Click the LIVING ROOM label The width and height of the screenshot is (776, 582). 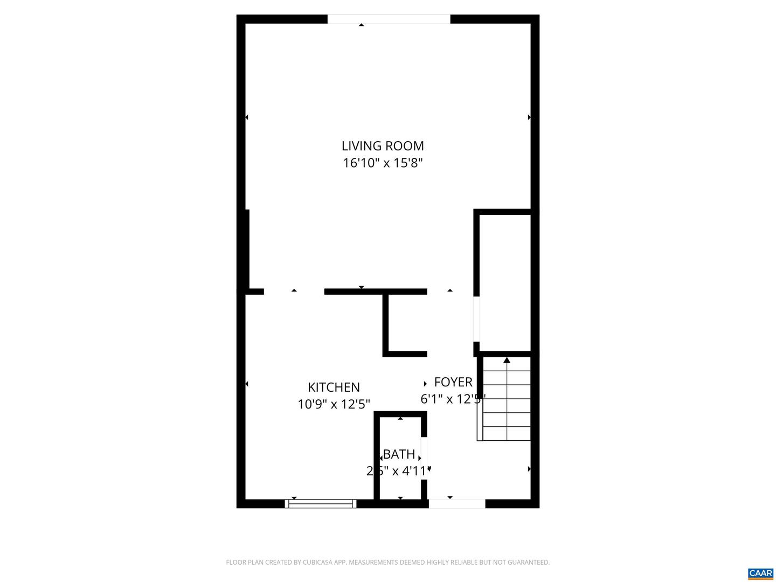pyautogui.click(x=383, y=145)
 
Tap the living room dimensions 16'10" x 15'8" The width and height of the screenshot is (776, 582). pyautogui.click(x=383, y=163)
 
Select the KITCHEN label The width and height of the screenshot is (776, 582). pyautogui.click(x=334, y=387)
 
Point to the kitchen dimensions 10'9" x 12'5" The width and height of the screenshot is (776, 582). pyautogui.click(x=334, y=404)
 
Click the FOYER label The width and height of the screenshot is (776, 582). pyautogui.click(x=453, y=382)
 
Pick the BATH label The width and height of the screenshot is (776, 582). pyautogui.click(x=399, y=454)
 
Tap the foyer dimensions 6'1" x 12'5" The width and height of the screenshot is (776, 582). pyautogui.click(x=453, y=399)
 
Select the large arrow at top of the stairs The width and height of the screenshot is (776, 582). pyautogui.click(x=507, y=360)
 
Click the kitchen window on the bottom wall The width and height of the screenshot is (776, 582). pyautogui.click(x=321, y=504)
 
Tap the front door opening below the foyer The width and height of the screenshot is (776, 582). pyautogui.click(x=457, y=504)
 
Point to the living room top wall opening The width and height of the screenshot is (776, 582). pyautogui.click(x=389, y=19)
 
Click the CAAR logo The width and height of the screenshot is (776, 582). pyautogui.click(x=760, y=573)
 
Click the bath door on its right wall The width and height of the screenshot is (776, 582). pyautogui.click(x=424, y=458)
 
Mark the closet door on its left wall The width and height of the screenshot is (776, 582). pyautogui.click(x=476, y=319)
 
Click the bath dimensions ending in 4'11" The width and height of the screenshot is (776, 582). pyautogui.click(x=399, y=471)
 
